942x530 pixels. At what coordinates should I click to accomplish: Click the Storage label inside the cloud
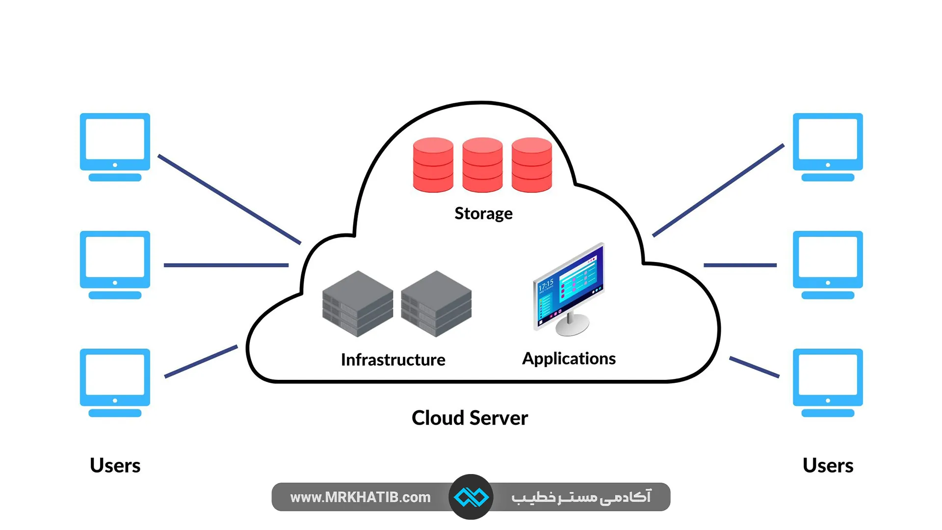coord(483,213)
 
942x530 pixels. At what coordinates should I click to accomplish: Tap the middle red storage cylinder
coord(482,165)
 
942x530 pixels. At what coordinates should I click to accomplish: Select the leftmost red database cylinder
coord(433,165)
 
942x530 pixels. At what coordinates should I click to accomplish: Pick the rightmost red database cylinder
coord(531,165)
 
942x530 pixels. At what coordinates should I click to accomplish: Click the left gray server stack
coord(357,304)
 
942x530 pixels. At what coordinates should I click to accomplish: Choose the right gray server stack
coord(436,304)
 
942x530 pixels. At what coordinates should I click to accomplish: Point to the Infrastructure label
coord(393,360)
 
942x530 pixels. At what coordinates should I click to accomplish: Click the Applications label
coord(569,359)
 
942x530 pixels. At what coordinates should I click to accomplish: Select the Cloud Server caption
coord(470,418)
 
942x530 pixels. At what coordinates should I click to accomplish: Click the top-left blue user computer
coord(115,147)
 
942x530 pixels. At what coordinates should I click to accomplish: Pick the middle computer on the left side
coord(115,265)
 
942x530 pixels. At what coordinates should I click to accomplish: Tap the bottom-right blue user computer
coord(828,382)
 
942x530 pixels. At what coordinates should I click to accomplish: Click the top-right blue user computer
coord(828,147)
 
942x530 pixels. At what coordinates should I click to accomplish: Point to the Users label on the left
coord(115,465)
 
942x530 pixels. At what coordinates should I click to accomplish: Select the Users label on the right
coord(828,465)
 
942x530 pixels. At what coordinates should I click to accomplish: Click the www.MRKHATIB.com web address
coord(360,497)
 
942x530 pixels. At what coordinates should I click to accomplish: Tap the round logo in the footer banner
coord(471,497)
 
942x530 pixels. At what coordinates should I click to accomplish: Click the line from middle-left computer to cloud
coord(226,265)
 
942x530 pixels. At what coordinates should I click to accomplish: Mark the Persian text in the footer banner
coord(581,497)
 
